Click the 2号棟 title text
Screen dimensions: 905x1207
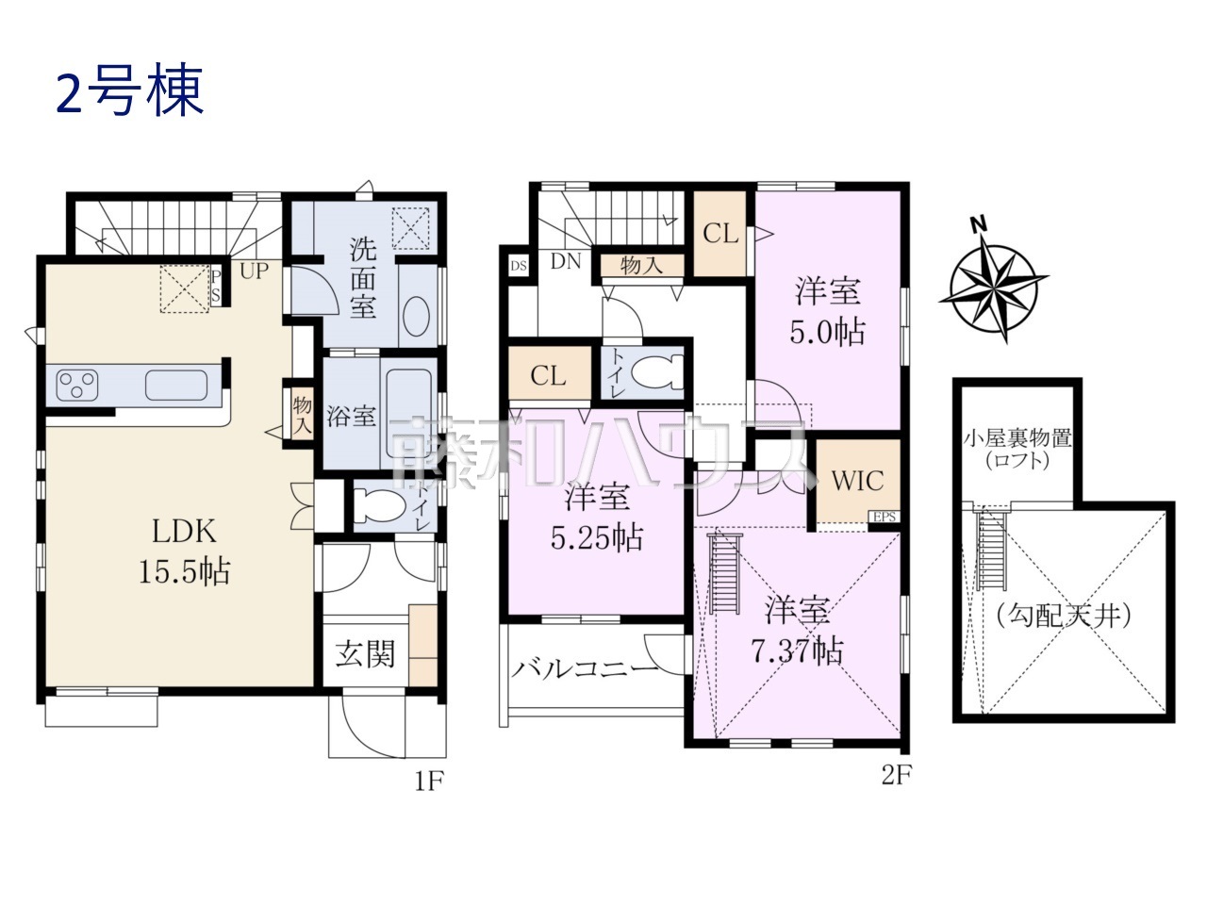(x=130, y=93)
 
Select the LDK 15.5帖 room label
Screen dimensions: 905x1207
(x=185, y=551)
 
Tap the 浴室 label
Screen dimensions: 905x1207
(x=351, y=416)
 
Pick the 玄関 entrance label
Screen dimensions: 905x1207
(x=365, y=652)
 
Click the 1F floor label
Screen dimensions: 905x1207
(x=425, y=782)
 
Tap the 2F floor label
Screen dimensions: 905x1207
(x=896, y=776)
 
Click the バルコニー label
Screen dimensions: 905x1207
(x=585, y=670)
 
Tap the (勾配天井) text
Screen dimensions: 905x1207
(x=1063, y=617)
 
